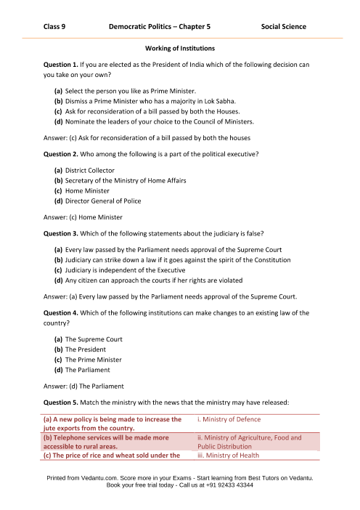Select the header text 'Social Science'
(x=283, y=26)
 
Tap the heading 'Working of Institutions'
(x=179, y=49)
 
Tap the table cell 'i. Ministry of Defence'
(x=229, y=419)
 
